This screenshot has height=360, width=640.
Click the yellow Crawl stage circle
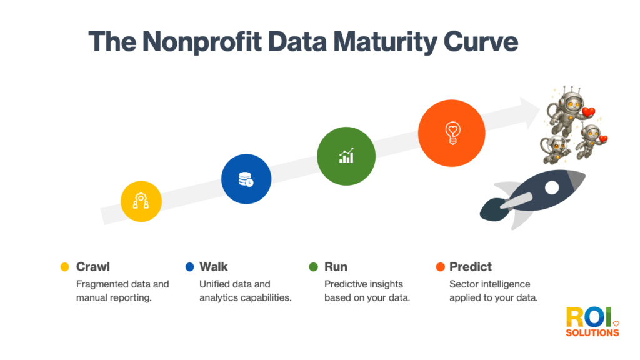point(141,201)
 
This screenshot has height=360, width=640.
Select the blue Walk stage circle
point(246,179)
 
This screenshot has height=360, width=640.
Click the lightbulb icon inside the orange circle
point(451,132)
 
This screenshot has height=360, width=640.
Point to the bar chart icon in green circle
point(346,156)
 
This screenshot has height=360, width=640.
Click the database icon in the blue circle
point(246,179)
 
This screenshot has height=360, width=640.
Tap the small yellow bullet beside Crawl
point(64,267)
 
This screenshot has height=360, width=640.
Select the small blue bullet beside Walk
point(189,267)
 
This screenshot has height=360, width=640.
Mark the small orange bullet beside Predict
point(439,267)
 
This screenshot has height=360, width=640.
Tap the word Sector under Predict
point(464,284)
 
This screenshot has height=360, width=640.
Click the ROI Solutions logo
point(592,322)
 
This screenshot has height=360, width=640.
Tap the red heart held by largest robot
point(588,112)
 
